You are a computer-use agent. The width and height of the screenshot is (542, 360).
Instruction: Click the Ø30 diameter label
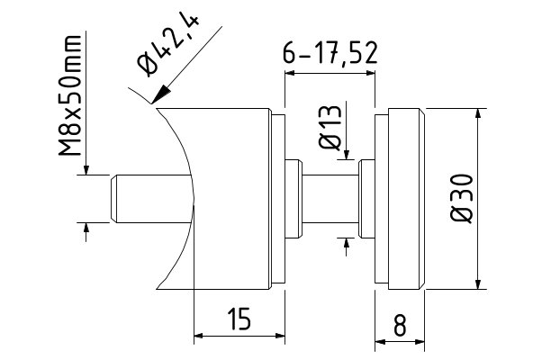(x=461, y=200)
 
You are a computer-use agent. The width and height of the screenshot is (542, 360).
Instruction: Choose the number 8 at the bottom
(x=399, y=322)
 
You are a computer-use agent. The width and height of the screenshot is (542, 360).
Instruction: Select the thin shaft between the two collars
(x=329, y=199)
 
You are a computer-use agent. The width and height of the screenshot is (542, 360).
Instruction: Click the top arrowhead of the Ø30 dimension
(x=474, y=115)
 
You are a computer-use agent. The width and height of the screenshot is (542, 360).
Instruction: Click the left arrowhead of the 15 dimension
(x=201, y=338)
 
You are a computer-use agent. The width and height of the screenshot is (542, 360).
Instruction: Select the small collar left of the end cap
(x=366, y=199)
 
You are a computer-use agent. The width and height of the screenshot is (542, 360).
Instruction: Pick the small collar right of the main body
(x=292, y=199)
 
